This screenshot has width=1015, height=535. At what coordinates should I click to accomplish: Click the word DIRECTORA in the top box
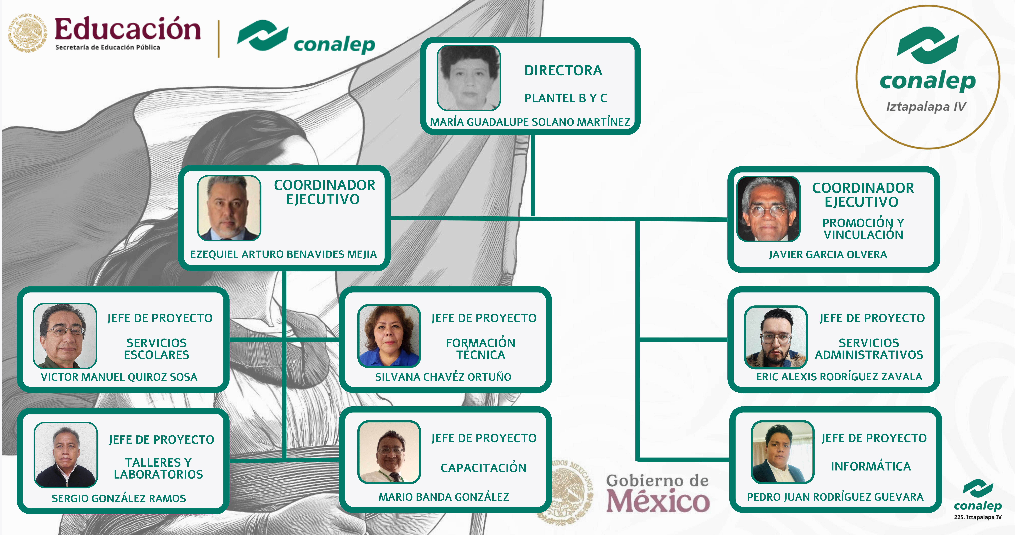tap(563, 71)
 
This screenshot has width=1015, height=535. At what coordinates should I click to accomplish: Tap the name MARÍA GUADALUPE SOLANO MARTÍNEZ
tap(530, 122)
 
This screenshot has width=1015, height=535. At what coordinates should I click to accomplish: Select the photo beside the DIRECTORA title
tap(469, 78)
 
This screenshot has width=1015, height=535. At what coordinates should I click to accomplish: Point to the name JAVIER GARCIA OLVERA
tap(828, 255)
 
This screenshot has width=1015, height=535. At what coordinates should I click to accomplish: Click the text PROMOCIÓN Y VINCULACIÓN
tap(863, 229)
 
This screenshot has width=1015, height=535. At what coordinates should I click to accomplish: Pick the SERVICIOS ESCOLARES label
tap(156, 349)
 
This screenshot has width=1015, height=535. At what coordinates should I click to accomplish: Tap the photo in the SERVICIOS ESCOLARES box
tap(65, 336)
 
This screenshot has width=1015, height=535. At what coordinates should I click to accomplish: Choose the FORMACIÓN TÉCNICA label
tap(480, 349)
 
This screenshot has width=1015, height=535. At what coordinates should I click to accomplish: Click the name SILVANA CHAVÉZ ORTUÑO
tap(443, 377)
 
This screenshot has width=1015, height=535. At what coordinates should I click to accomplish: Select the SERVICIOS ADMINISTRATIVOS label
tap(869, 349)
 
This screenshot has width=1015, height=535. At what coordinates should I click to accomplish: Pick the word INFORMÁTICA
tap(871, 466)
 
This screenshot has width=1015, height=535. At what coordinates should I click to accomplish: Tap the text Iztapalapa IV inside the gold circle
tap(926, 107)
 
